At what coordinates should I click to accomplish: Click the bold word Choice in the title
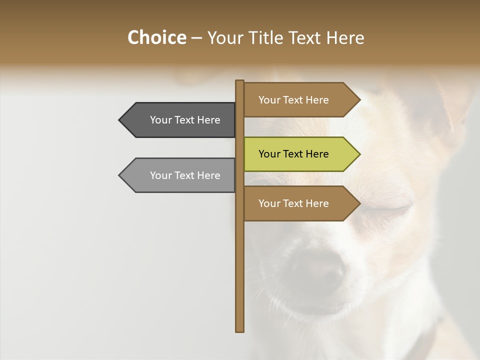(156, 37)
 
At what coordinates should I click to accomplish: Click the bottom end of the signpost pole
(239, 330)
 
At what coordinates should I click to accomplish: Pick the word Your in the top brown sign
(269, 100)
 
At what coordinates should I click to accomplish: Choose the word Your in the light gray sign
(161, 175)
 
